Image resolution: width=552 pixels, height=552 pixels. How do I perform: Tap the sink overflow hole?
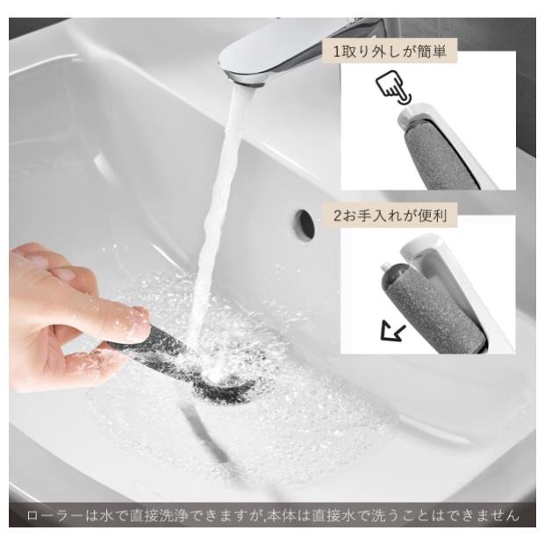point(305,225)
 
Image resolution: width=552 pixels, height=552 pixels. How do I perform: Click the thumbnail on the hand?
point(138,326)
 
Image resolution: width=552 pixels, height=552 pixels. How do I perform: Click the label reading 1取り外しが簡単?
point(388,52)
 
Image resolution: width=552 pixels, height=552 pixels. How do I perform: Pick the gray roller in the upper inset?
point(439,157)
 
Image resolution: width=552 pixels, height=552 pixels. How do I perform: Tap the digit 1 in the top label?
point(337,52)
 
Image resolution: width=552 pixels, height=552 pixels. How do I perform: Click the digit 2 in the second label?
point(338,215)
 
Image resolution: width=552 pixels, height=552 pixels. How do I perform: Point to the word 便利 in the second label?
point(429,215)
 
